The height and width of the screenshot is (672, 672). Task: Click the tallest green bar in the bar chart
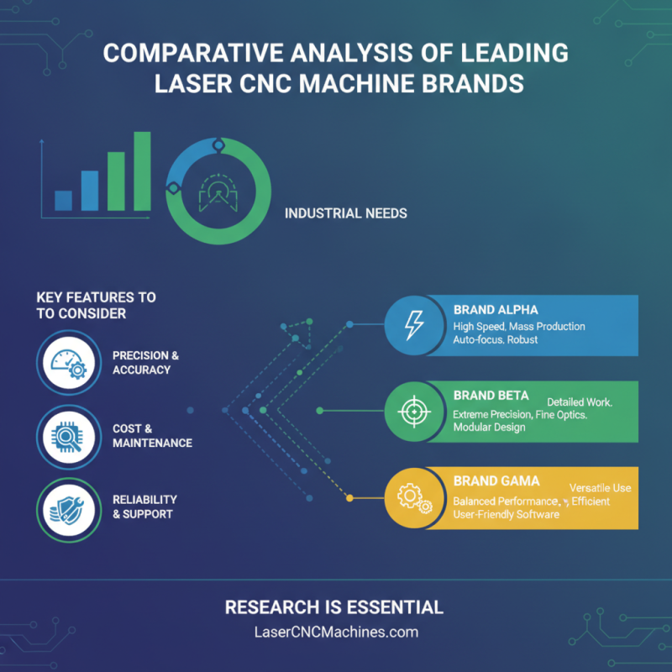click(x=142, y=171)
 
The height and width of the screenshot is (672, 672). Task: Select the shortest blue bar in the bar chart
click(x=64, y=201)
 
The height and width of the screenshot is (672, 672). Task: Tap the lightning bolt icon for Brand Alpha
click(x=414, y=325)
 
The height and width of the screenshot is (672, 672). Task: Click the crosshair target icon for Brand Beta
click(x=414, y=412)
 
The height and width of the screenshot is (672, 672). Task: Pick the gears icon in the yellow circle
click(x=414, y=498)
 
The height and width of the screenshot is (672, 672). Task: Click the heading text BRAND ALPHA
click(x=496, y=310)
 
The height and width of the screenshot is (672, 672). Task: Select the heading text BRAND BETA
click(x=491, y=395)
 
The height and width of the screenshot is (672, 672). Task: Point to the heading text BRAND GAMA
click(x=496, y=480)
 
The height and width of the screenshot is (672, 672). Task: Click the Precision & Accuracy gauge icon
click(x=69, y=363)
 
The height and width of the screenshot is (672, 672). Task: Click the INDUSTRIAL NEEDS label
click(x=346, y=213)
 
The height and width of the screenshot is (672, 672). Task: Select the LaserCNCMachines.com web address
click(x=337, y=633)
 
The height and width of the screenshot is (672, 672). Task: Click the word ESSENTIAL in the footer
click(x=395, y=607)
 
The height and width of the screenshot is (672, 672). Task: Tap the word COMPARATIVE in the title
click(x=193, y=53)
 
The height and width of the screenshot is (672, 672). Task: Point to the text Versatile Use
click(x=600, y=488)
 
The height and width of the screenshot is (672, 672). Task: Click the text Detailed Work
click(x=580, y=402)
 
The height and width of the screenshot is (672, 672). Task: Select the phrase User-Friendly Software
click(x=507, y=514)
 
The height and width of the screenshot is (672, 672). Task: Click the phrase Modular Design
click(x=490, y=428)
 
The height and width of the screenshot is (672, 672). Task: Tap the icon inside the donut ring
click(x=218, y=192)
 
